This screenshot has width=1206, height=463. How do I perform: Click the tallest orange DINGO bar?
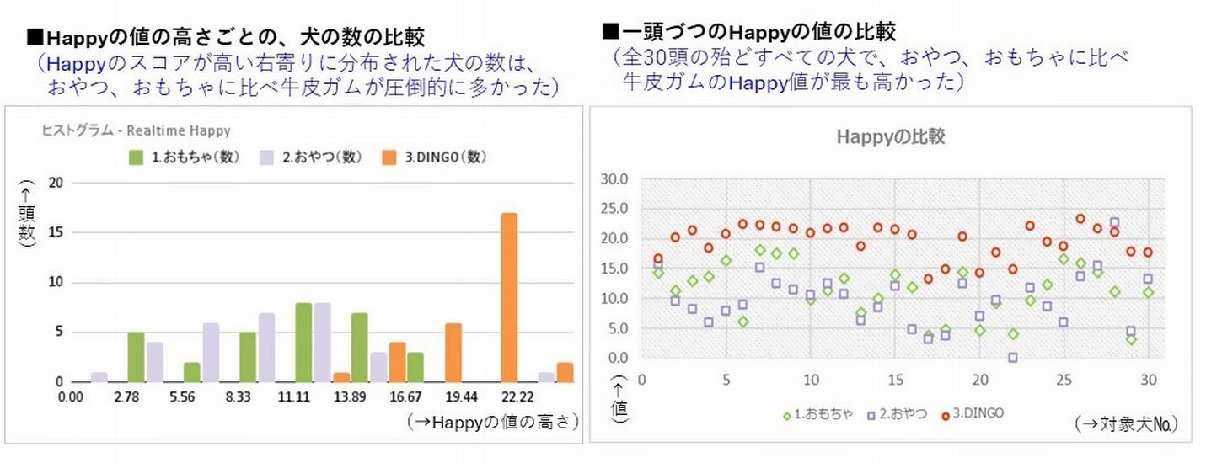(508, 298)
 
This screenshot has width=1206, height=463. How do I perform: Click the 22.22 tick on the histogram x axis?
(508, 396)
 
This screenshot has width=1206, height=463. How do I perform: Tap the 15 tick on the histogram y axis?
(56, 233)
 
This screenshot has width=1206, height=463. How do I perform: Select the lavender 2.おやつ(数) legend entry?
(308, 157)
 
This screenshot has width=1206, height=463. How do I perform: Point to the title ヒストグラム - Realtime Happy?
(136, 130)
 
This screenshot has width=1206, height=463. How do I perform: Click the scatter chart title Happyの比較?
(890, 137)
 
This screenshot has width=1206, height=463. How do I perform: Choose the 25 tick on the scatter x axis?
(1063, 378)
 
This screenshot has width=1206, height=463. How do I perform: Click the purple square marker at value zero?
(1012, 358)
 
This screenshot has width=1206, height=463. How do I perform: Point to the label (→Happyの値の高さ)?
(492, 422)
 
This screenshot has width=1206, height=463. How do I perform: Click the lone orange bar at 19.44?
(453, 353)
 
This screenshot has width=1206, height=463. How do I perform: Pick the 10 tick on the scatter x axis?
(810, 378)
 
